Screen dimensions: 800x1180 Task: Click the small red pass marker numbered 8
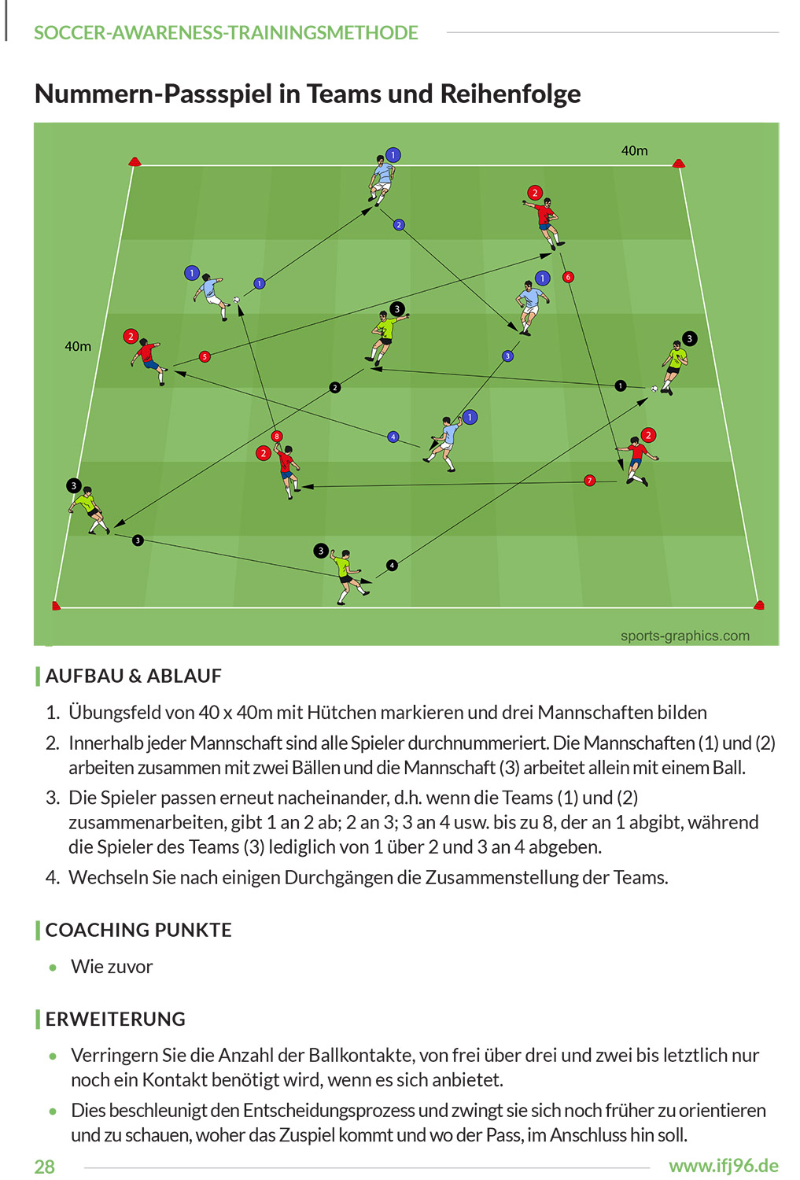(x=276, y=436)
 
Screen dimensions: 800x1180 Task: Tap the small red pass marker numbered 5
(x=205, y=356)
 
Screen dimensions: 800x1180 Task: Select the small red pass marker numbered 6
(x=568, y=277)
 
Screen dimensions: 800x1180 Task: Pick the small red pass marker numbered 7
(x=590, y=481)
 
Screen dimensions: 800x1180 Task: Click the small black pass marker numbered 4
(x=392, y=566)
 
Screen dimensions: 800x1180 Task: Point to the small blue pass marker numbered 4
(x=393, y=437)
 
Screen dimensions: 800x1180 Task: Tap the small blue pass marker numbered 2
(x=399, y=225)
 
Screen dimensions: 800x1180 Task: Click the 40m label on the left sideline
(x=78, y=347)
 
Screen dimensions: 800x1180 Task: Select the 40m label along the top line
(x=635, y=151)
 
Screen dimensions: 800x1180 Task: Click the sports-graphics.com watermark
(x=685, y=636)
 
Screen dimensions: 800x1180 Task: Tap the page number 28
(x=45, y=1167)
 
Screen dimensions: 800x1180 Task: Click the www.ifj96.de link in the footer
(x=724, y=1166)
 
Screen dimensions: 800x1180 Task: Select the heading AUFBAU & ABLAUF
(x=133, y=676)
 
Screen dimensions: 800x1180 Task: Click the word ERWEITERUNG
(x=116, y=1019)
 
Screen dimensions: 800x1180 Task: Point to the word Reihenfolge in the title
(x=511, y=94)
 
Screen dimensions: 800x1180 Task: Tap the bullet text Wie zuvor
(x=112, y=967)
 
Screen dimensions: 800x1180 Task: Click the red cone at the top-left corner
(x=135, y=161)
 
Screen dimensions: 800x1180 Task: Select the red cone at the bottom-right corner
(x=759, y=605)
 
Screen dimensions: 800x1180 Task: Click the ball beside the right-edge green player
(x=654, y=389)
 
